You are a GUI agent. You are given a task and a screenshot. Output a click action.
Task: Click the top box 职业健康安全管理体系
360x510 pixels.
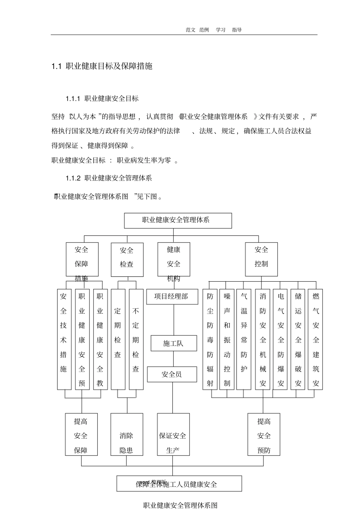click(x=178, y=220)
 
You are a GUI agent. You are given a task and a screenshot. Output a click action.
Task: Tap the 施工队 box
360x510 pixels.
click(x=174, y=344)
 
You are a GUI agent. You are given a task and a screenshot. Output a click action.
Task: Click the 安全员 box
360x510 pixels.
click(x=172, y=374)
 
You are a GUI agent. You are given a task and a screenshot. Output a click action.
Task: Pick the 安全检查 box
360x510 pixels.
click(x=127, y=259)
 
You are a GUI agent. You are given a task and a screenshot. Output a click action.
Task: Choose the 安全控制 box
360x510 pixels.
click(x=261, y=259)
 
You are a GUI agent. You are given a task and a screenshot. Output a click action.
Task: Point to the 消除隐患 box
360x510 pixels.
click(x=127, y=435)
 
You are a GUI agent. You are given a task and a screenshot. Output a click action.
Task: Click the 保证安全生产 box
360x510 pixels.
click(x=173, y=435)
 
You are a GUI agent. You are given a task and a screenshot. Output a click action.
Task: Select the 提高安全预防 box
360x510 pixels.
click(x=264, y=435)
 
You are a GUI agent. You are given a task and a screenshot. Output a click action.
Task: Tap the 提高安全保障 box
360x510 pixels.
click(x=81, y=435)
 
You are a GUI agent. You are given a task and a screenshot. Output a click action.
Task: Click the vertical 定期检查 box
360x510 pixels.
click(x=118, y=340)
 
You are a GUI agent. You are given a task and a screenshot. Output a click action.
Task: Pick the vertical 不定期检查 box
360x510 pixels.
click(x=136, y=340)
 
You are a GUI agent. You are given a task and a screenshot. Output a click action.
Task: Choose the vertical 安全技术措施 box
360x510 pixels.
click(x=64, y=340)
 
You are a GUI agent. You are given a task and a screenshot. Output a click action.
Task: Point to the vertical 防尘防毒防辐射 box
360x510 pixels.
click(x=210, y=340)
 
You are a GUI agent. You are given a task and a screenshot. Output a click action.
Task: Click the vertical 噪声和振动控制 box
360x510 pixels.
click(x=227, y=340)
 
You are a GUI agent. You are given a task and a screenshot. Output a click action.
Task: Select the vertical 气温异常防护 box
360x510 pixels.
click(x=244, y=340)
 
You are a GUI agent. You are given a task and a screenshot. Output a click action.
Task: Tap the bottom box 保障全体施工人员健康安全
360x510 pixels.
click(x=179, y=484)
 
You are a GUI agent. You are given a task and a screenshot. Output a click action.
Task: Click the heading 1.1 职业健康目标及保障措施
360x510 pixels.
click(x=102, y=66)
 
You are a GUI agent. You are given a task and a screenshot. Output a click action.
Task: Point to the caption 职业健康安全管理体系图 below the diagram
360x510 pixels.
click(x=180, y=505)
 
